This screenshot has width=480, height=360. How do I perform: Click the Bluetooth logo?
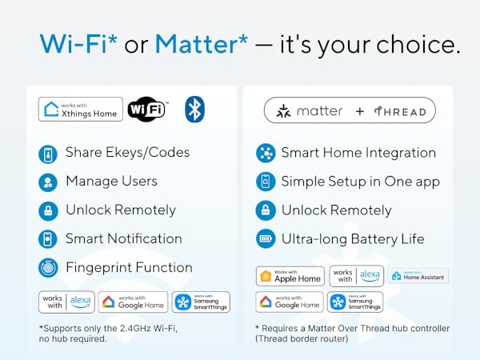(194, 109)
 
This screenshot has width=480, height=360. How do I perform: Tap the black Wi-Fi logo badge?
(147, 109)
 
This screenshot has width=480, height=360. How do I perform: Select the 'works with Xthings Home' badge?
(81, 109)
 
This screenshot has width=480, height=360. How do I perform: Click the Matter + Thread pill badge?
(350, 110)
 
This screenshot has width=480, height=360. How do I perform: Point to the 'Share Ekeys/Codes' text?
(127, 152)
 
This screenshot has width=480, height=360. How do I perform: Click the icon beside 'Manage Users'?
(48, 182)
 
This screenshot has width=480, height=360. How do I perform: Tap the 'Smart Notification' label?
(123, 238)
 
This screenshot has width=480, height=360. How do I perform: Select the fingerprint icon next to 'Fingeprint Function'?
(48, 268)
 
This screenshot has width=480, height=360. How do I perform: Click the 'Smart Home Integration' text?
(358, 152)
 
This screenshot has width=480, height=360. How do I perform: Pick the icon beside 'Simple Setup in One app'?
(265, 182)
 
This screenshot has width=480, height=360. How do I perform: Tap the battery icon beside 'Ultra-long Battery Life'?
(265, 238)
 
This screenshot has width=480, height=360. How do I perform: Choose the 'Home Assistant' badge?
(418, 276)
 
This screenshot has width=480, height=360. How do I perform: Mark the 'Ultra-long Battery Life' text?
(352, 238)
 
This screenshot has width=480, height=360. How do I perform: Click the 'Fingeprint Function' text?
(129, 267)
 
